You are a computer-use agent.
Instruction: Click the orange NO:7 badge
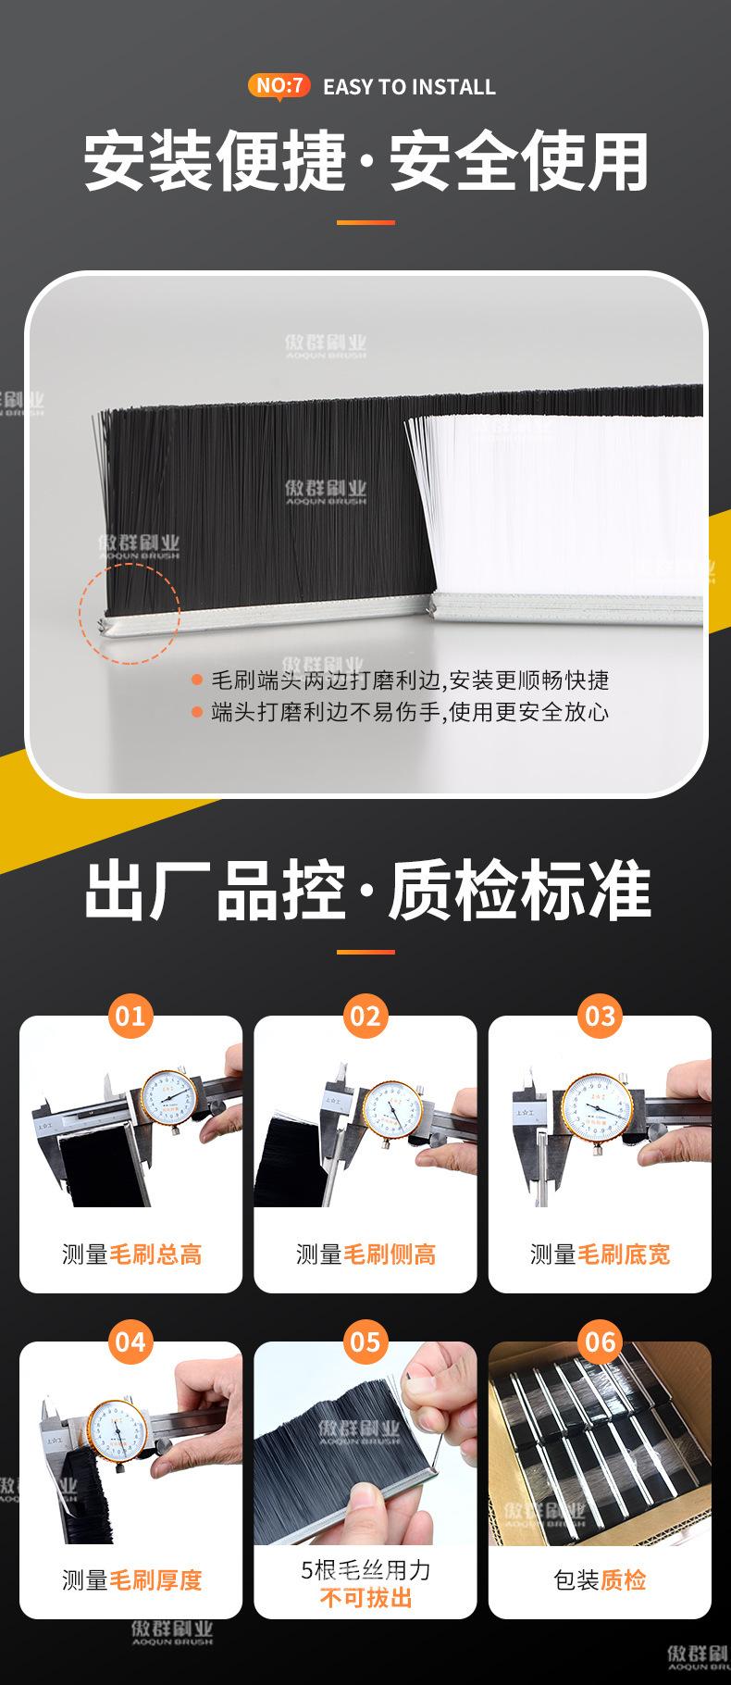pos(279,86)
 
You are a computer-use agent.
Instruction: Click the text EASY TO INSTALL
pos(409,87)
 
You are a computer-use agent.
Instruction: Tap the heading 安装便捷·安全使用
pos(365,162)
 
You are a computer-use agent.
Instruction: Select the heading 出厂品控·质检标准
pos(365,892)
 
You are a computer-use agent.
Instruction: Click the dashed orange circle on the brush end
pos(130,612)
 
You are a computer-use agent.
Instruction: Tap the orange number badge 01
pos(130,1016)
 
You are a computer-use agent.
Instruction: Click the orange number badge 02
pos(365,1016)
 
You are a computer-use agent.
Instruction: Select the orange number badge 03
pos(600,1016)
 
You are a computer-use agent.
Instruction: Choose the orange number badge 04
pos(130,1342)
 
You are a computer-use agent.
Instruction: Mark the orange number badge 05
pos(365,1342)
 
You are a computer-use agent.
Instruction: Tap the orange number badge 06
pos(600,1342)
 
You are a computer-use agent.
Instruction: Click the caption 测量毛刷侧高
pos(365,1254)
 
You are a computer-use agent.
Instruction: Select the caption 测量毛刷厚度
pos(131,1579)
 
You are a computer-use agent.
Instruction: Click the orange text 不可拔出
pos(365,1598)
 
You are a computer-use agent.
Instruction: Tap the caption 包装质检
pos(600,1579)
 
